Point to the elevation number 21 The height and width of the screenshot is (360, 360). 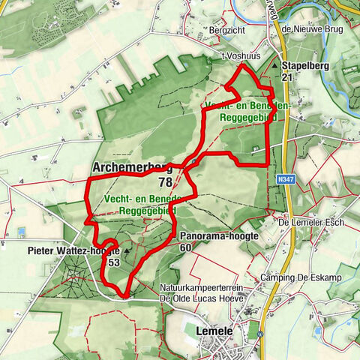287,77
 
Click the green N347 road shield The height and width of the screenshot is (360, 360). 281,179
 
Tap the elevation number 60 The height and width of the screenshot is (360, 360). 186,247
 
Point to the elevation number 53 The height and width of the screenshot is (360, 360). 114,262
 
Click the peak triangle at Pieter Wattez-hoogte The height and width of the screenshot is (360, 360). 127,251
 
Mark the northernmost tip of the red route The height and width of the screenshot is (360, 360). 241,66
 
